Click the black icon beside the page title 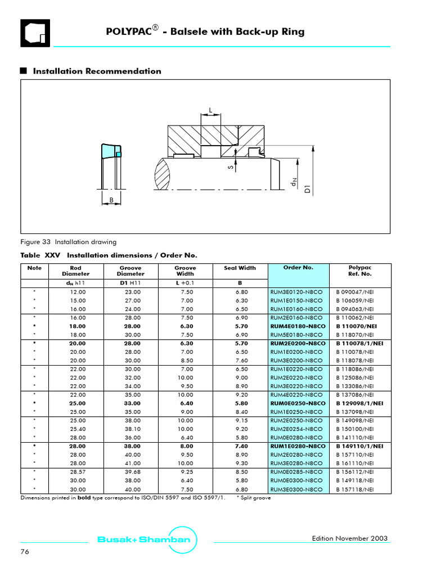[x=35, y=33]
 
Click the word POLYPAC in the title [x=129, y=32]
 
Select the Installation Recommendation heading [x=97, y=71]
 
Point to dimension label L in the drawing [x=210, y=110]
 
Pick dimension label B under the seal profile [x=111, y=199]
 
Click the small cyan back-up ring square [x=118, y=154]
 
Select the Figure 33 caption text [x=69, y=242]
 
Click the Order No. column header [x=298, y=268]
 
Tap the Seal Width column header [x=240, y=268]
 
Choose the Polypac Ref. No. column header [x=360, y=271]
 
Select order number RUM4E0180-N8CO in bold [x=298, y=326]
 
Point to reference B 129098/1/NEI [x=360, y=403]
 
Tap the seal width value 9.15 [x=240, y=420]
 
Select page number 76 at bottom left [x=25, y=552]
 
